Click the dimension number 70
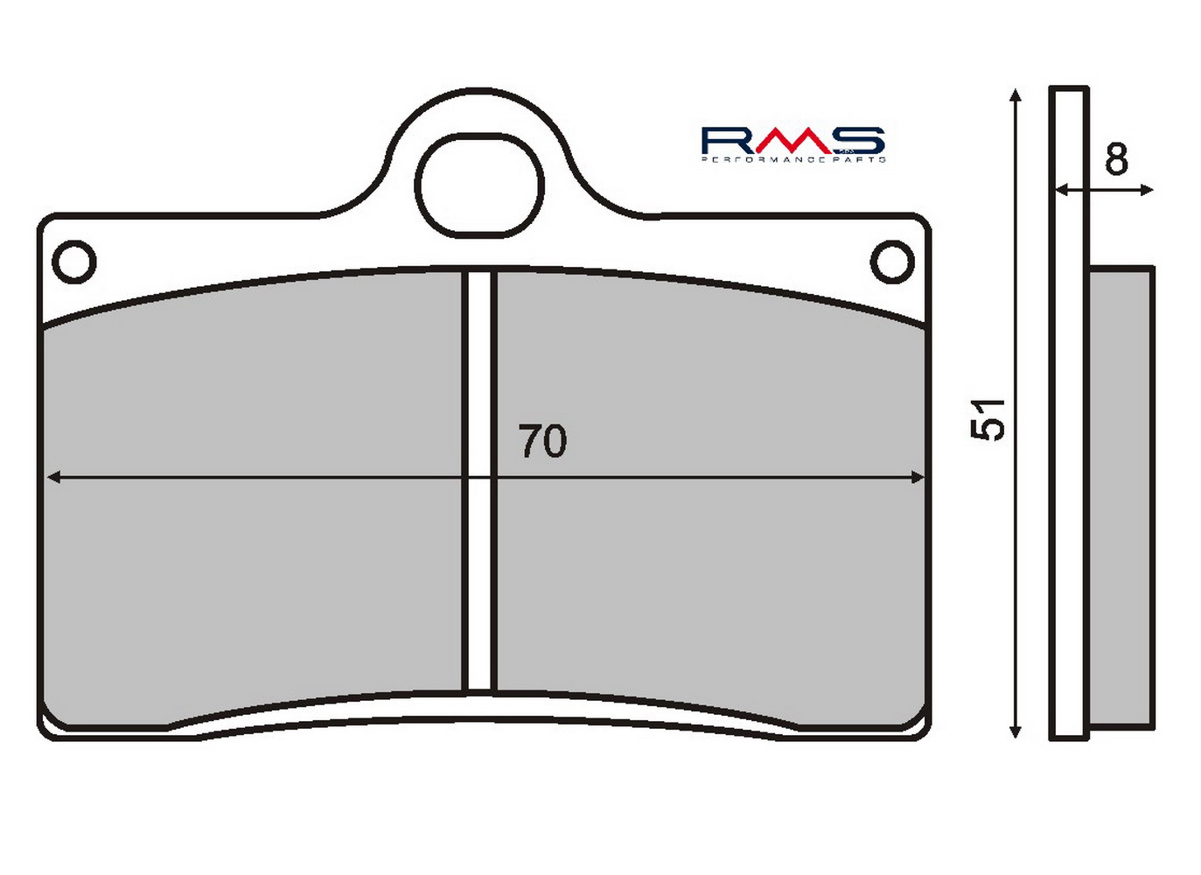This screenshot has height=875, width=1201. pyautogui.click(x=542, y=441)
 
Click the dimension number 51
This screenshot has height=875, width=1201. pyautogui.click(x=988, y=420)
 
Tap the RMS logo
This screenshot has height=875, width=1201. pyautogui.click(x=793, y=144)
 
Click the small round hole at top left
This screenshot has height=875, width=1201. pyautogui.click(x=74, y=262)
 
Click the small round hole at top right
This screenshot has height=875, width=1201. pyautogui.click(x=892, y=262)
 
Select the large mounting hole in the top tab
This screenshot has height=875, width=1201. pyautogui.click(x=479, y=185)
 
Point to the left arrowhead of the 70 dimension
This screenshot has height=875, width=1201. pyautogui.click(x=53, y=477)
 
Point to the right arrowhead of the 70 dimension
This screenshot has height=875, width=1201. pyautogui.click(x=918, y=477)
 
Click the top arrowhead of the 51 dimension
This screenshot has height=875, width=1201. pyautogui.click(x=1014, y=96)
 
